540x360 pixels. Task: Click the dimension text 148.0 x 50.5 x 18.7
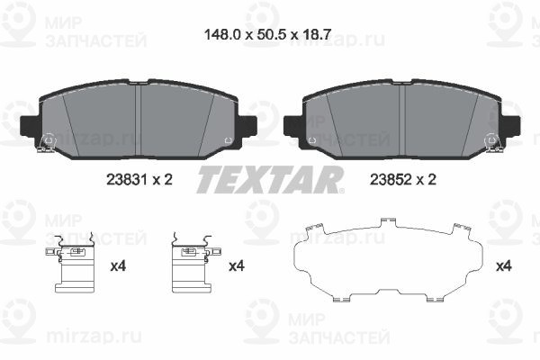[x=267, y=34]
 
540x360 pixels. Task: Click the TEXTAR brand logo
[x=270, y=179]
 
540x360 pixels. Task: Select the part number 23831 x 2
[x=139, y=179]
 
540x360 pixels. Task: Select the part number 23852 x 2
[x=403, y=179]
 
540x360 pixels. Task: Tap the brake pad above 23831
[x=139, y=120]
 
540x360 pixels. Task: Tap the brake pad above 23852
[x=402, y=120]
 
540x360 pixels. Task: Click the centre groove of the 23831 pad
[x=139, y=120]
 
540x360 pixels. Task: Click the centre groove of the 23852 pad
[x=402, y=120]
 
